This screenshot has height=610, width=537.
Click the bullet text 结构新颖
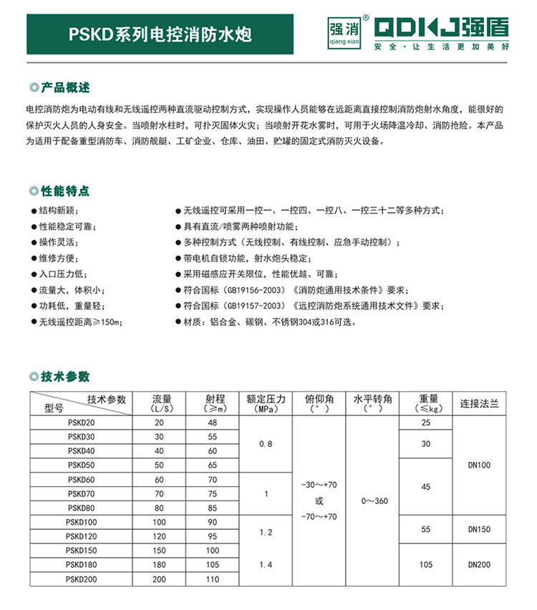pos(57,210)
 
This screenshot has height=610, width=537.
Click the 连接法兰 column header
pos(479,404)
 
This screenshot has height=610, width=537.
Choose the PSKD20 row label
pos(80,422)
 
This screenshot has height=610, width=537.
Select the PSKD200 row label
pos(80,578)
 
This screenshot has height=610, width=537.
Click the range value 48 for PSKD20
pos(212,422)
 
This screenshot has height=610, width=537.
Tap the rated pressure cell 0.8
pos(266,444)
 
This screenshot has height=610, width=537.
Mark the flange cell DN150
pos(479,530)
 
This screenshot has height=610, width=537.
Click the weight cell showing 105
pos(425,564)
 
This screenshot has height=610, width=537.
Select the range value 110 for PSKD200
pos(212,578)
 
